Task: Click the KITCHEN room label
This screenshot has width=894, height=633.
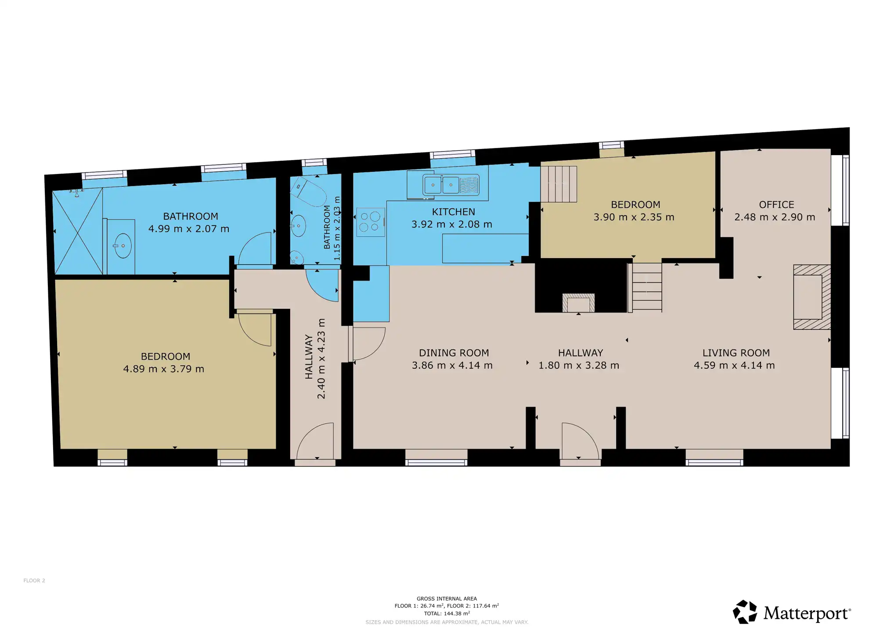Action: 453,212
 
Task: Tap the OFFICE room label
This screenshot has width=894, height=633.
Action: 776,205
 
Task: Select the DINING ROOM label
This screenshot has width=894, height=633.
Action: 454,353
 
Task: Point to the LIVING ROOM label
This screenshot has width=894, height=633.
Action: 736,353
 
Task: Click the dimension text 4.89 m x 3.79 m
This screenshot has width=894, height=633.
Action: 163,369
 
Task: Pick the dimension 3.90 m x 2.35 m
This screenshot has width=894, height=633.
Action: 634,217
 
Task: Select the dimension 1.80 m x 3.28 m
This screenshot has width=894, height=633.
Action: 579,365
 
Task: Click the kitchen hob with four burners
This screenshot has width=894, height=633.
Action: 371,222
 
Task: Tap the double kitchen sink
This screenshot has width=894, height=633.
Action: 451,185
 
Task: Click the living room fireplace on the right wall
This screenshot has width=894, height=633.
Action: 811,297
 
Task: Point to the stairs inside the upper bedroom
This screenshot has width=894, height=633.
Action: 559,184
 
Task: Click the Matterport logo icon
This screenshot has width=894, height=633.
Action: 745,612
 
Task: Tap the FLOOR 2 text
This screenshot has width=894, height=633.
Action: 34,581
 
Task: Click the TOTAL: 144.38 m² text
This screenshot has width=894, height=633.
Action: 447,613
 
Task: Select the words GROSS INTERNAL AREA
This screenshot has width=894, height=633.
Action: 447,599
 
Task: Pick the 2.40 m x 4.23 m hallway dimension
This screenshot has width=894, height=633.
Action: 321,359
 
